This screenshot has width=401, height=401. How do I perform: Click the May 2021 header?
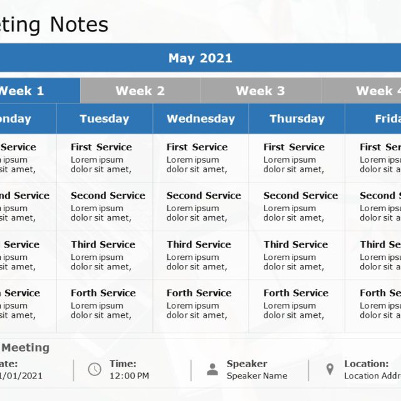(200, 58)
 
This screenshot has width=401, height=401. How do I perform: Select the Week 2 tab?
(140, 91)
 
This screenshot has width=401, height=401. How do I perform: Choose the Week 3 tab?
(260, 91)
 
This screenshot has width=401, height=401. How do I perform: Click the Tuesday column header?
(104, 118)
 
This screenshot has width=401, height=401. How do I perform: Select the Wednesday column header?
(200, 118)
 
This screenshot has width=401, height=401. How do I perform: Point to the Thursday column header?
(297, 118)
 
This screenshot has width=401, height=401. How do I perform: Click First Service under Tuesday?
(101, 147)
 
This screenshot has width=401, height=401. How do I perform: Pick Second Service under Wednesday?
(204, 195)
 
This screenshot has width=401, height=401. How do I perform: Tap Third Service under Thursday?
(296, 244)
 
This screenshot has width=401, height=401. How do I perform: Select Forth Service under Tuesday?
(103, 293)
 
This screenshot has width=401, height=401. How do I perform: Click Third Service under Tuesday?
(103, 244)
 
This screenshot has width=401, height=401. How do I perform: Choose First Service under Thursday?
(294, 147)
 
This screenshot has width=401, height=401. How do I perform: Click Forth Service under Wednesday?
(199, 293)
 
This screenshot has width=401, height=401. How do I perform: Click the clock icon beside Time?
(95, 370)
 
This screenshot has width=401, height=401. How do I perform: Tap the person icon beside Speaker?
(212, 370)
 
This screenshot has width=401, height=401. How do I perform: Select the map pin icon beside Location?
(330, 370)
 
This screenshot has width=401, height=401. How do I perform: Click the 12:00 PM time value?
(129, 376)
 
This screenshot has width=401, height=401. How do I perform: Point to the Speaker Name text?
(257, 376)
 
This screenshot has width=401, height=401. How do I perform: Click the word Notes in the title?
(79, 24)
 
